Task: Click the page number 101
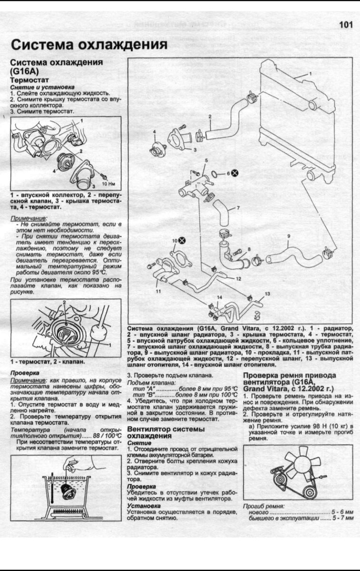(x=346, y=25)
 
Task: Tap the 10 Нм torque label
(x=109, y=183)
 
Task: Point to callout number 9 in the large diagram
(x=288, y=236)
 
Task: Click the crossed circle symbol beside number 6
(x=235, y=173)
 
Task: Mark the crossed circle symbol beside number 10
(x=182, y=240)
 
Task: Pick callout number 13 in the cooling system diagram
(x=267, y=294)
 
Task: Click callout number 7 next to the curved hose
(x=237, y=208)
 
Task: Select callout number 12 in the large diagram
(x=238, y=278)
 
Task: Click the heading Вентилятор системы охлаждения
(x=166, y=433)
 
